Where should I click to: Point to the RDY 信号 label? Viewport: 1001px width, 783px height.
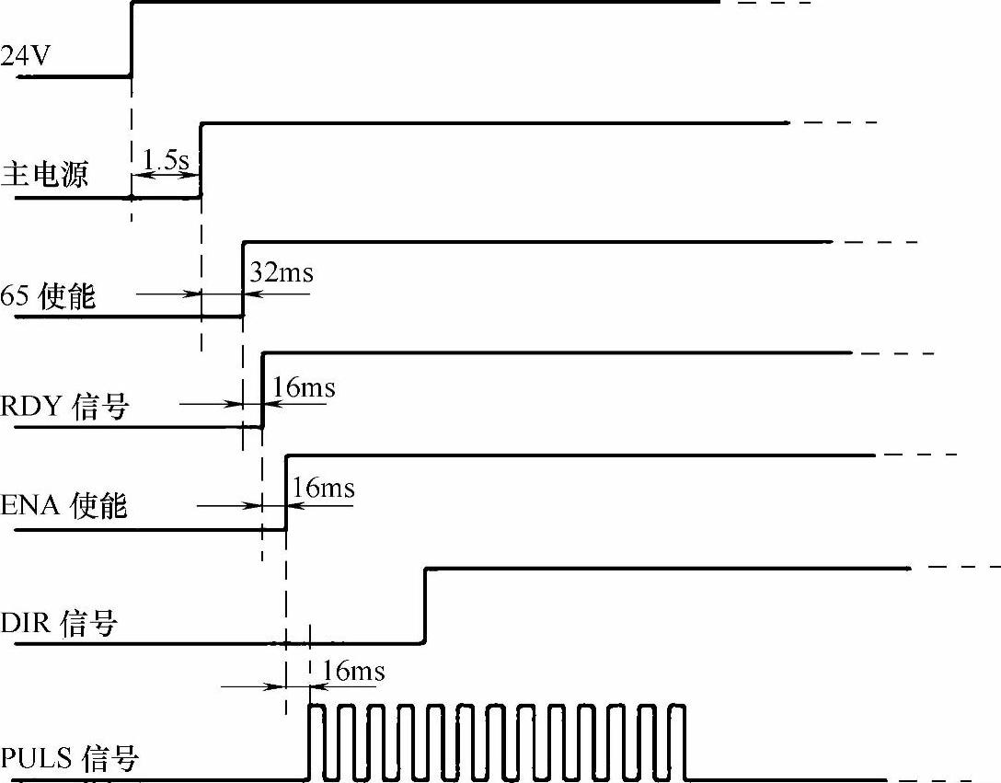[63, 407]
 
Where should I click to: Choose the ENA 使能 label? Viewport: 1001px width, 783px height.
[63, 505]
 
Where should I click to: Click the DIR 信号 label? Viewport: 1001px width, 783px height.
[59, 625]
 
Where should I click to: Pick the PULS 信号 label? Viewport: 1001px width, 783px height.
[69, 760]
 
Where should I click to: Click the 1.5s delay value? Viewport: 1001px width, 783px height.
[166, 159]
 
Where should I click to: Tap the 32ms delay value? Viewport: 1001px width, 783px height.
[281, 273]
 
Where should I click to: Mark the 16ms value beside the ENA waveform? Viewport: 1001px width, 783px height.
[323, 487]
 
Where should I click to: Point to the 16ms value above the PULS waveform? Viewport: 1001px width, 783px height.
[354, 671]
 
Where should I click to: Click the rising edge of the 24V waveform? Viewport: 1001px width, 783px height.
[132, 39]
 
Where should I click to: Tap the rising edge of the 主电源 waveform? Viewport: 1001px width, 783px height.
[201, 159]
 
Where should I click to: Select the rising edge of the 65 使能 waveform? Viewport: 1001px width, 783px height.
[243, 279]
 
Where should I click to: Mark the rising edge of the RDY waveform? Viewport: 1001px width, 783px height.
[263, 390]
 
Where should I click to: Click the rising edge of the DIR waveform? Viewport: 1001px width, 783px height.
[425, 605]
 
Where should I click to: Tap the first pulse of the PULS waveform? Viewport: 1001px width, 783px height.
[316, 742]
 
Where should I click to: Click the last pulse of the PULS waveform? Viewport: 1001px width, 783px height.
[678, 742]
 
